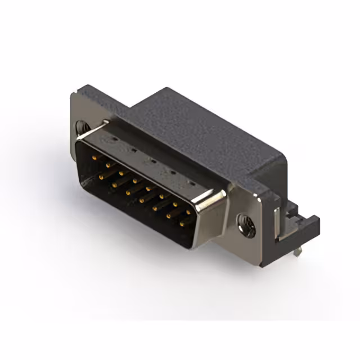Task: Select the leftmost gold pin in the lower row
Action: (x=101, y=177)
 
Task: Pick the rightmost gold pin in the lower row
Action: (x=182, y=223)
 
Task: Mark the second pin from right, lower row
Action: (x=169, y=216)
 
